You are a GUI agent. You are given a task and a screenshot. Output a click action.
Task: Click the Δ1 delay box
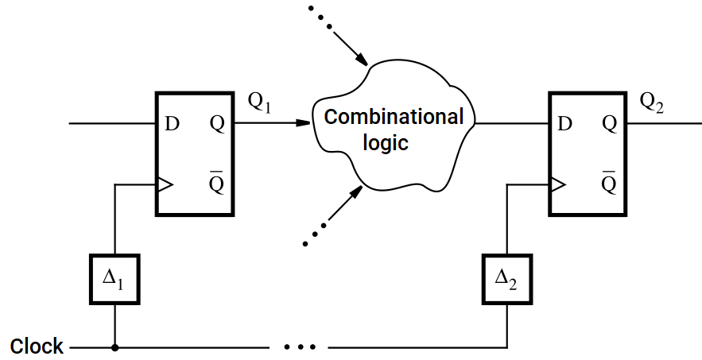pos(115,279)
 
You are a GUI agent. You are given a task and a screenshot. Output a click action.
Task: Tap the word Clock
pos(37,347)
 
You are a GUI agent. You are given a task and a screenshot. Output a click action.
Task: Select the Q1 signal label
pos(259,103)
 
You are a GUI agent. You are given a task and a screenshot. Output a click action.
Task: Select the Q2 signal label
pos(651,103)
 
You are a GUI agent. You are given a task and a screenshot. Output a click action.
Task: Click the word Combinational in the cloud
pos(394,117)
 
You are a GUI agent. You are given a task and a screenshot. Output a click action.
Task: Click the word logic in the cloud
pos(386,143)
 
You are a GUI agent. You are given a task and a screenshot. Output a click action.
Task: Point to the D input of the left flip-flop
pos(172,124)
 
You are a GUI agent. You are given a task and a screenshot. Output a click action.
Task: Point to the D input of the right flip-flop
pos(564,124)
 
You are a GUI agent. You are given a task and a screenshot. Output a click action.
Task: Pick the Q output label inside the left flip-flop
pos(216,124)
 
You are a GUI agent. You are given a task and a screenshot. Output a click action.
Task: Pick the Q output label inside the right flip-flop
pos(609,124)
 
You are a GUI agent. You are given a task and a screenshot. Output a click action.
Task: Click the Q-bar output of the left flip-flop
pos(216,183)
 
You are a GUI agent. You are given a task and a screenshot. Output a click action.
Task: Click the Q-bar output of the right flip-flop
pos(609,183)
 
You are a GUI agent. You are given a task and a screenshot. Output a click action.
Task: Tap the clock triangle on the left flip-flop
pos(165,185)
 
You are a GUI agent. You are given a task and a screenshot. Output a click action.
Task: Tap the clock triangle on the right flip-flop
pos(557,185)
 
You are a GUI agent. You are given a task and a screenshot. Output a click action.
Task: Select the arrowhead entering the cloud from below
pos(356,192)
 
